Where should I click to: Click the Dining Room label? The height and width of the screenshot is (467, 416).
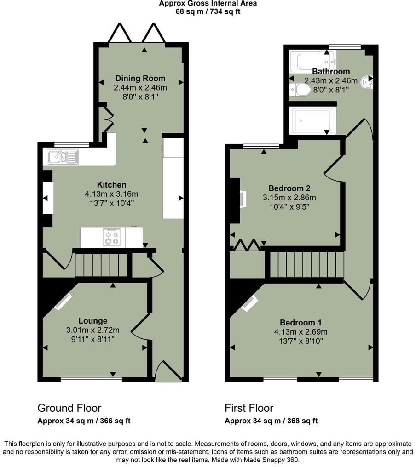pyautogui.click(x=140, y=78)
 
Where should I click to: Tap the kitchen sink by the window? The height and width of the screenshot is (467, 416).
pyautogui.click(x=61, y=157)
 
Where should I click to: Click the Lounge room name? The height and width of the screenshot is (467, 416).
pyautogui.click(x=92, y=321)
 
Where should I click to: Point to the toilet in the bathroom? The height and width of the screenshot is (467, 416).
pyautogui.click(x=300, y=90)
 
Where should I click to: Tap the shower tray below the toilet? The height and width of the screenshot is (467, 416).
pyautogui.click(x=312, y=121)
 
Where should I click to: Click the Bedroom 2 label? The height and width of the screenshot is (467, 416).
pyautogui.click(x=289, y=188)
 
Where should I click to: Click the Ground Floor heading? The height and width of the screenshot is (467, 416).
pyautogui.click(x=69, y=408)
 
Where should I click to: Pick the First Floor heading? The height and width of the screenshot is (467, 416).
pyautogui.click(x=249, y=408)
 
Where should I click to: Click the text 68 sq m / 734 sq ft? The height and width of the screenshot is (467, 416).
pyautogui.click(x=208, y=11)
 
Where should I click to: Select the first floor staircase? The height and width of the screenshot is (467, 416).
pyautogui.click(x=306, y=265)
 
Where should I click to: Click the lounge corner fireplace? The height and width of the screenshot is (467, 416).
pyautogui.click(x=63, y=302)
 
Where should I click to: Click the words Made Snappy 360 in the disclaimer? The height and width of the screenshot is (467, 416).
pyautogui.click(x=276, y=460)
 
